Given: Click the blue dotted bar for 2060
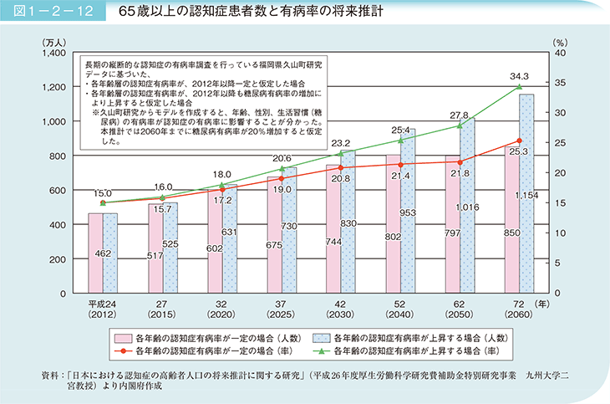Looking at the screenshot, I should pos(526,194).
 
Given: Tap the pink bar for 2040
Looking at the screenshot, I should pos(393,224).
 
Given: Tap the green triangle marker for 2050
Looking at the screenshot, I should pos(459,125).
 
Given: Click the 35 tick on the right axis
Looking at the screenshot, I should pos(561,83).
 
